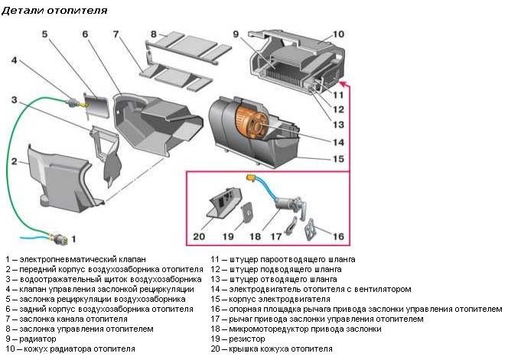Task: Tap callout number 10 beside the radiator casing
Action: coord(339,34)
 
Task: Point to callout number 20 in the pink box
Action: coord(199,237)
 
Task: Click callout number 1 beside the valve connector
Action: coord(73,239)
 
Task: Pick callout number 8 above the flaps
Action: coord(154,34)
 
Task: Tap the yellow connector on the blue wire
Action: coord(249,177)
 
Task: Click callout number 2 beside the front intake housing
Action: coord(14,161)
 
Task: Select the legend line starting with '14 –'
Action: coord(311,290)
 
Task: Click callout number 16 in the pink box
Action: coord(337,237)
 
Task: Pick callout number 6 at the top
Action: coord(85,34)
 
